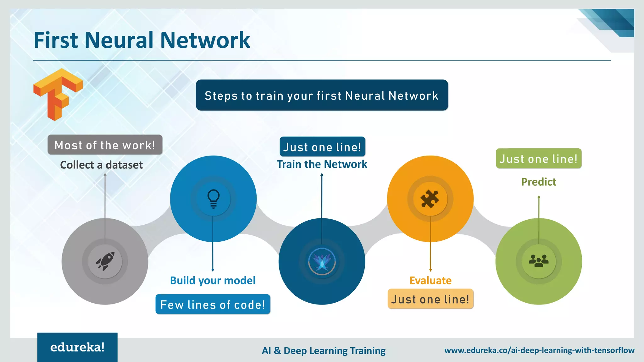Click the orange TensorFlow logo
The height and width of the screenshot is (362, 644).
point(58,94)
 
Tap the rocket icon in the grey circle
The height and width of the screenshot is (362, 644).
point(105,261)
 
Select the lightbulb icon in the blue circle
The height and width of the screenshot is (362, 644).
point(213,199)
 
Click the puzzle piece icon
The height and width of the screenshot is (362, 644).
point(430,199)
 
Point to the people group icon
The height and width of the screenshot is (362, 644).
point(538,261)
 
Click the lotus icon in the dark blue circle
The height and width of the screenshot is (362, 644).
point(322,261)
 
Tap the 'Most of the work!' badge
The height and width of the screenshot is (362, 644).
point(105,145)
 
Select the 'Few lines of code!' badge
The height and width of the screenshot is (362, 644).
point(213,304)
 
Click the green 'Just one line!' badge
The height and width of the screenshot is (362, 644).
point(539,159)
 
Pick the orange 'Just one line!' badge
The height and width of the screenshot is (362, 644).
point(430,299)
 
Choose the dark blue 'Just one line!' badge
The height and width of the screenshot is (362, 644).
point(322,147)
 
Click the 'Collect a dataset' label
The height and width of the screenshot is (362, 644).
point(101,165)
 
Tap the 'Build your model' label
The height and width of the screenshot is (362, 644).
point(213,280)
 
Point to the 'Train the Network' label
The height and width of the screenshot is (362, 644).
point(322,164)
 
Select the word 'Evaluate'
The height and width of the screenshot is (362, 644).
point(430,280)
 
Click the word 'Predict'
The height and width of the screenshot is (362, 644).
point(539,182)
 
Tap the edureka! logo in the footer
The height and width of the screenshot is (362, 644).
point(77,347)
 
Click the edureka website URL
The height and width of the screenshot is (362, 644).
point(539,350)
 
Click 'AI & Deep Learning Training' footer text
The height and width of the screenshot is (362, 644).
point(324,350)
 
